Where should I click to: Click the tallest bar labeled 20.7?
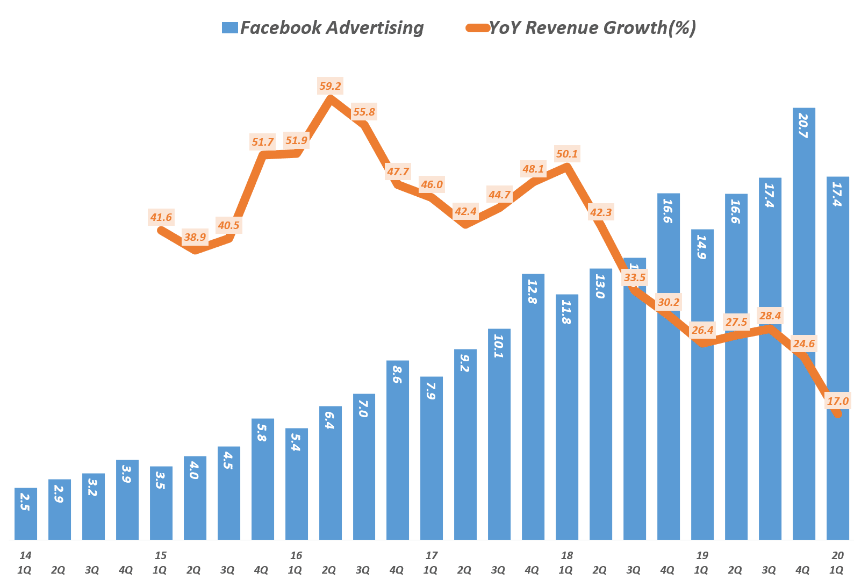pos(803,323)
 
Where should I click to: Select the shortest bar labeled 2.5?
pos(26,513)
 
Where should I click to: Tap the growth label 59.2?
pos(330,86)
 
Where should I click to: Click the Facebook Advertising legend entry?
pos(323,27)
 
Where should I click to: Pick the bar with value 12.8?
pos(533,406)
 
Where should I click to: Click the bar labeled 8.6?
pos(397,449)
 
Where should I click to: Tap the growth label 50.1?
pos(567,154)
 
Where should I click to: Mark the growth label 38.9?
pos(195,237)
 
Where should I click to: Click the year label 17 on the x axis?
pos(431,555)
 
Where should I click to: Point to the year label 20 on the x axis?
pos(837,555)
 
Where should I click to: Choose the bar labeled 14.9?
pos(702,384)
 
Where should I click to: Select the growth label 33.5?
pos(635,278)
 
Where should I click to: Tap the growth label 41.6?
pos(161,218)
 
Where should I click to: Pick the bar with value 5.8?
pos(262,478)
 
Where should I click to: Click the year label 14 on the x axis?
pos(25,555)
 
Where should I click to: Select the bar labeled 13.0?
pos(600,403)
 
